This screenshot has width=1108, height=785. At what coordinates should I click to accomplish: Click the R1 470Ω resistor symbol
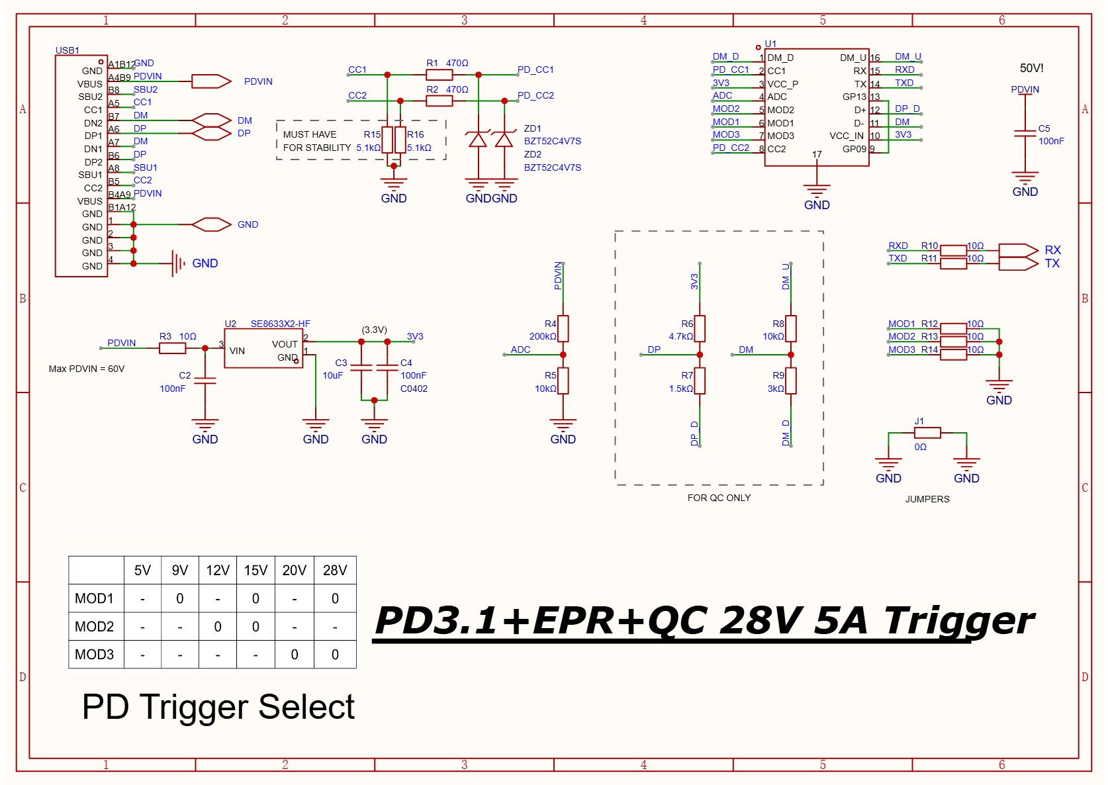coord(439,75)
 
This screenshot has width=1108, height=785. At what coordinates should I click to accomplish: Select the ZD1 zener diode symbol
coord(478,140)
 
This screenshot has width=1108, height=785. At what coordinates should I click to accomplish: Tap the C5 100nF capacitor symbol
coord(1025,134)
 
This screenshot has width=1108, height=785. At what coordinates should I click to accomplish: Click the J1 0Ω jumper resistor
coord(927,433)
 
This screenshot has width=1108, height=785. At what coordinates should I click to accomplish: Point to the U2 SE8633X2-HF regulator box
coord(263,348)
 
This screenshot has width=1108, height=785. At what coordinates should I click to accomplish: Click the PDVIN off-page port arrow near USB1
coord(211,81)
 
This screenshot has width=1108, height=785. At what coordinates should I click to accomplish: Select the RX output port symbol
coord(1018,250)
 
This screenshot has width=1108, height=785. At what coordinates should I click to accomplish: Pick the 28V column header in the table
coord(335,571)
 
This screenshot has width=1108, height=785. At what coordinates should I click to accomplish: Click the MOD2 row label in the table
coord(95,627)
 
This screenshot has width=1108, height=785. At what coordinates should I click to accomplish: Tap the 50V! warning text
coord(1031,68)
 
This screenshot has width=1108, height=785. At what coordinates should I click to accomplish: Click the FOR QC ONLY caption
coord(719,498)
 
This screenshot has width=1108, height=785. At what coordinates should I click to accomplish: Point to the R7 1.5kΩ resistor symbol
coord(700,381)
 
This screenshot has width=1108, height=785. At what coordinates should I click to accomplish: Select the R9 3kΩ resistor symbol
coord(790,381)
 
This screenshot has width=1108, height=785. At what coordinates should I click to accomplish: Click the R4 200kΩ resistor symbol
coord(563,328)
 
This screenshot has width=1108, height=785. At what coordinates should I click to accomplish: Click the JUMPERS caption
coord(927,499)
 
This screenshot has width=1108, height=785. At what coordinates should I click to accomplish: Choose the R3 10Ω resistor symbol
coord(172,348)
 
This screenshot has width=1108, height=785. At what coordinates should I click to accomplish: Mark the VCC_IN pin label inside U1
coord(846,136)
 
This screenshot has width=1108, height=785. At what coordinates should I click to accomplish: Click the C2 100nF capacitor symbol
coord(205,381)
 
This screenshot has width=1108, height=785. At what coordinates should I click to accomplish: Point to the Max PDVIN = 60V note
coord(87,369)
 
